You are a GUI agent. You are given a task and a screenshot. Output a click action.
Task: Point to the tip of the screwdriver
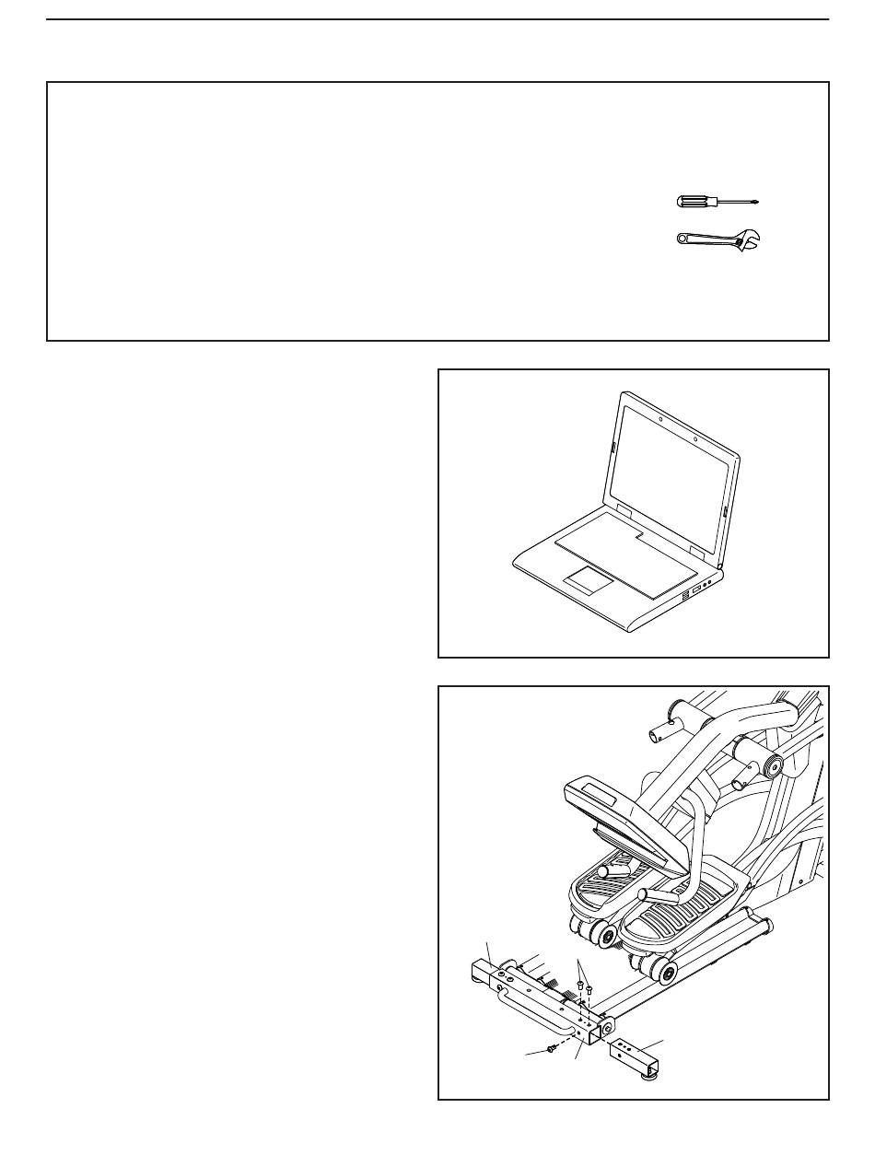coord(756,202)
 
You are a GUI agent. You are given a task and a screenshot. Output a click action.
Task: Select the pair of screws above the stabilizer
coord(584,988)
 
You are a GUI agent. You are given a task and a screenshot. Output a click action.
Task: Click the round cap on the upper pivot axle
coord(770,764)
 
